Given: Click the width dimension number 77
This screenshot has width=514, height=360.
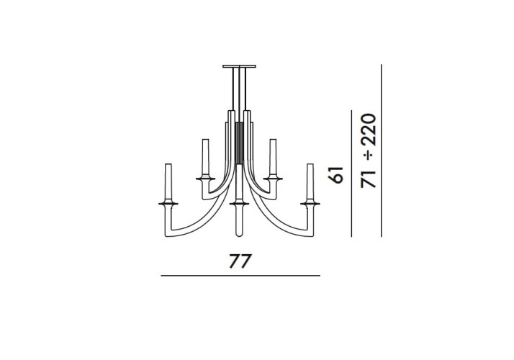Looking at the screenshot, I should [x=240, y=260].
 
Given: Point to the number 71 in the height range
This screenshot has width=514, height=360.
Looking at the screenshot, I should [x=369, y=177].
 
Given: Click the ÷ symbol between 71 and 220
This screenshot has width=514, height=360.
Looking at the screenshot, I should [x=369, y=156].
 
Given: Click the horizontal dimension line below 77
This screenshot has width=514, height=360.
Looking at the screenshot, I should [x=240, y=276].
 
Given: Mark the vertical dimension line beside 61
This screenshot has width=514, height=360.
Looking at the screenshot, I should [x=351, y=174].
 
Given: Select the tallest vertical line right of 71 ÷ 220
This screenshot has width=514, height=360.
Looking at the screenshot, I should [x=381, y=150].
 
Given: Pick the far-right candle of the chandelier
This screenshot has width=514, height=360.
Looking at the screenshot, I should [x=312, y=183].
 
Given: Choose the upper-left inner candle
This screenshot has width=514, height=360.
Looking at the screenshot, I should [x=204, y=156].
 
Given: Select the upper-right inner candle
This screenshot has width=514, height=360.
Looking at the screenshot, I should [x=274, y=156].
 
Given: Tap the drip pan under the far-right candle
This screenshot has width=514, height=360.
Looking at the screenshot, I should [x=312, y=204].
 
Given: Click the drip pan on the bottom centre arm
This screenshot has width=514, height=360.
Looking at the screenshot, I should [x=239, y=204].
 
